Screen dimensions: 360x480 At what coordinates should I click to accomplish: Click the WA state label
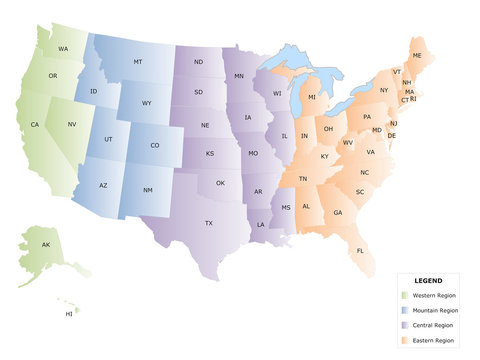[x=63, y=49]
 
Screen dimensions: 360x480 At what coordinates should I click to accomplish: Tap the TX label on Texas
[x=209, y=223]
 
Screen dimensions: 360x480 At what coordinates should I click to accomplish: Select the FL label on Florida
[x=360, y=250]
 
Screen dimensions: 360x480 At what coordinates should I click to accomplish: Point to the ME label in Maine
[x=417, y=55]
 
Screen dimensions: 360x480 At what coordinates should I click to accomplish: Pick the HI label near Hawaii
[x=69, y=313]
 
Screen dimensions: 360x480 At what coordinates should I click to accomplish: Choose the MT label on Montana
[x=138, y=62]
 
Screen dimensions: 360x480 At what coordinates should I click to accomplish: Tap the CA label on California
[x=34, y=124]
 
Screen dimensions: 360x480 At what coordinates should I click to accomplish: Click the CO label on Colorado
[x=154, y=145]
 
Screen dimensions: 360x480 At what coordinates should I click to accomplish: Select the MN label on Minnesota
[x=239, y=76]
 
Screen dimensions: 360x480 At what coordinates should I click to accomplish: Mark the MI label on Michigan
[x=311, y=97]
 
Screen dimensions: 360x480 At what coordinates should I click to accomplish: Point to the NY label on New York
[x=384, y=90]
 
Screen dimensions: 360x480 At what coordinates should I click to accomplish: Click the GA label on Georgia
[x=338, y=212]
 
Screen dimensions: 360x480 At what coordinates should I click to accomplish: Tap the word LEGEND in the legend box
[x=428, y=281]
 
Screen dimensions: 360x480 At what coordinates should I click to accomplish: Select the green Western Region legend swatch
[x=403, y=296]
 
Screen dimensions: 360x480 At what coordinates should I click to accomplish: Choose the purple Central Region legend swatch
[x=403, y=326]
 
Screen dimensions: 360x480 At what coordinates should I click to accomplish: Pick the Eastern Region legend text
[x=433, y=341]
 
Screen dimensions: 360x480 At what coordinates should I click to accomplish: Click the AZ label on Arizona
[x=102, y=186]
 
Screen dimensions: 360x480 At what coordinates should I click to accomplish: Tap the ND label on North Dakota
[x=199, y=63]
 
